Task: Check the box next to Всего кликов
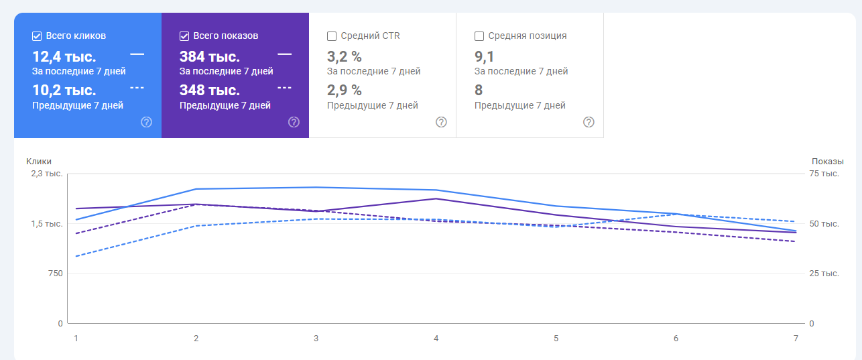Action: click(37, 36)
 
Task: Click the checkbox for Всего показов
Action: click(184, 36)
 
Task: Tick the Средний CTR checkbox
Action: click(332, 36)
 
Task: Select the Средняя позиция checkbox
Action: click(479, 36)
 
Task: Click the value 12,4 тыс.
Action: click(64, 56)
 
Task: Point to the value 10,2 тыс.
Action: click(64, 91)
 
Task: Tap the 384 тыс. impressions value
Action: click(210, 56)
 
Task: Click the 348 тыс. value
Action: click(210, 91)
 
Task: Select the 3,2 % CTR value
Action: click(344, 56)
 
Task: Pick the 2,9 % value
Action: click(344, 91)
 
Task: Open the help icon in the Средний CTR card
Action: click(441, 122)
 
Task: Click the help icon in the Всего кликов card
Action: click(146, 122)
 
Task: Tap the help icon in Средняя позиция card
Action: click(589, 122)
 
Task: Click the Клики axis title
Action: click(39, 161)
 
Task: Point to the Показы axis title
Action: click(827, 161)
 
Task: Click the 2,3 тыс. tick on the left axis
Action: click(46, 174)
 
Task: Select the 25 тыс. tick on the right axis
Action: click(824, 274)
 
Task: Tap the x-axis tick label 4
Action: click(436, 339)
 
